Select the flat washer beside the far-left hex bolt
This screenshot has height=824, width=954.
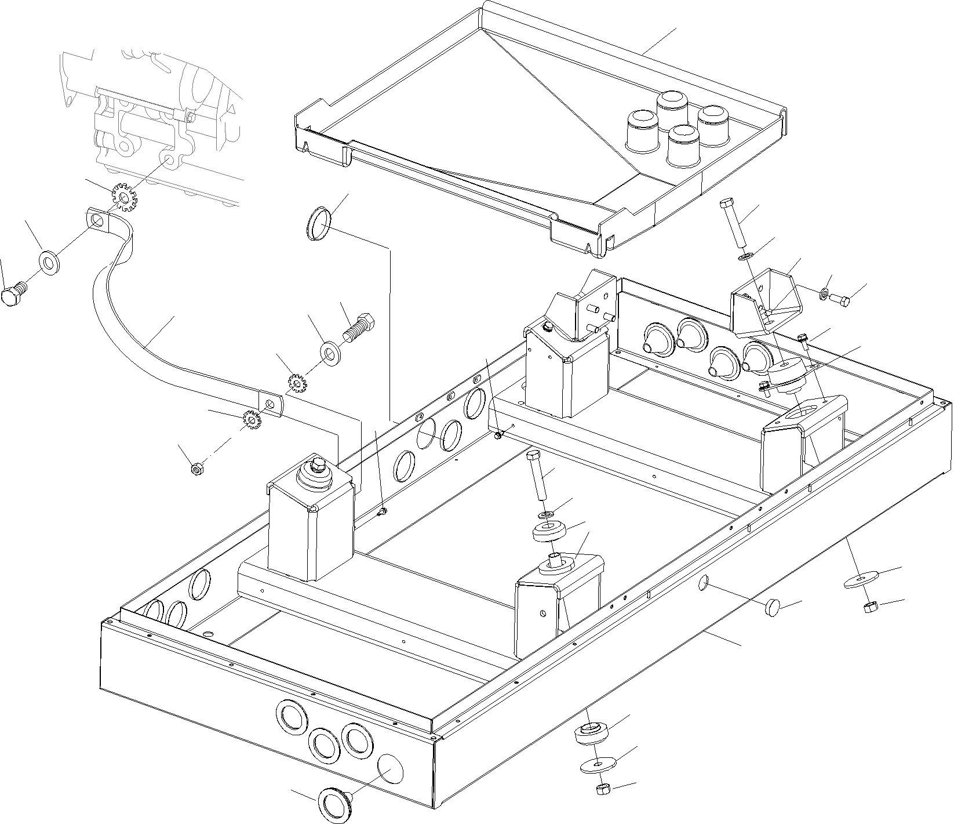point(50,263)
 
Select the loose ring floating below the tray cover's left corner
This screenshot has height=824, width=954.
point(317,223)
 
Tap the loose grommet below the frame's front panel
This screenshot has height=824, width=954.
point(336,804)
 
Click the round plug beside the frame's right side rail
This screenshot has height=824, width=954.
point(774,608)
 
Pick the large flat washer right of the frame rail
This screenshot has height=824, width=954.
point(860,580)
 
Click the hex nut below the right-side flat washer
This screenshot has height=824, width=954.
point(869,607)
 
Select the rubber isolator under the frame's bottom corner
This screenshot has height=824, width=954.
point(591,733)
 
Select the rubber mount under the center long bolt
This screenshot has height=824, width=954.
point(549,532)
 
